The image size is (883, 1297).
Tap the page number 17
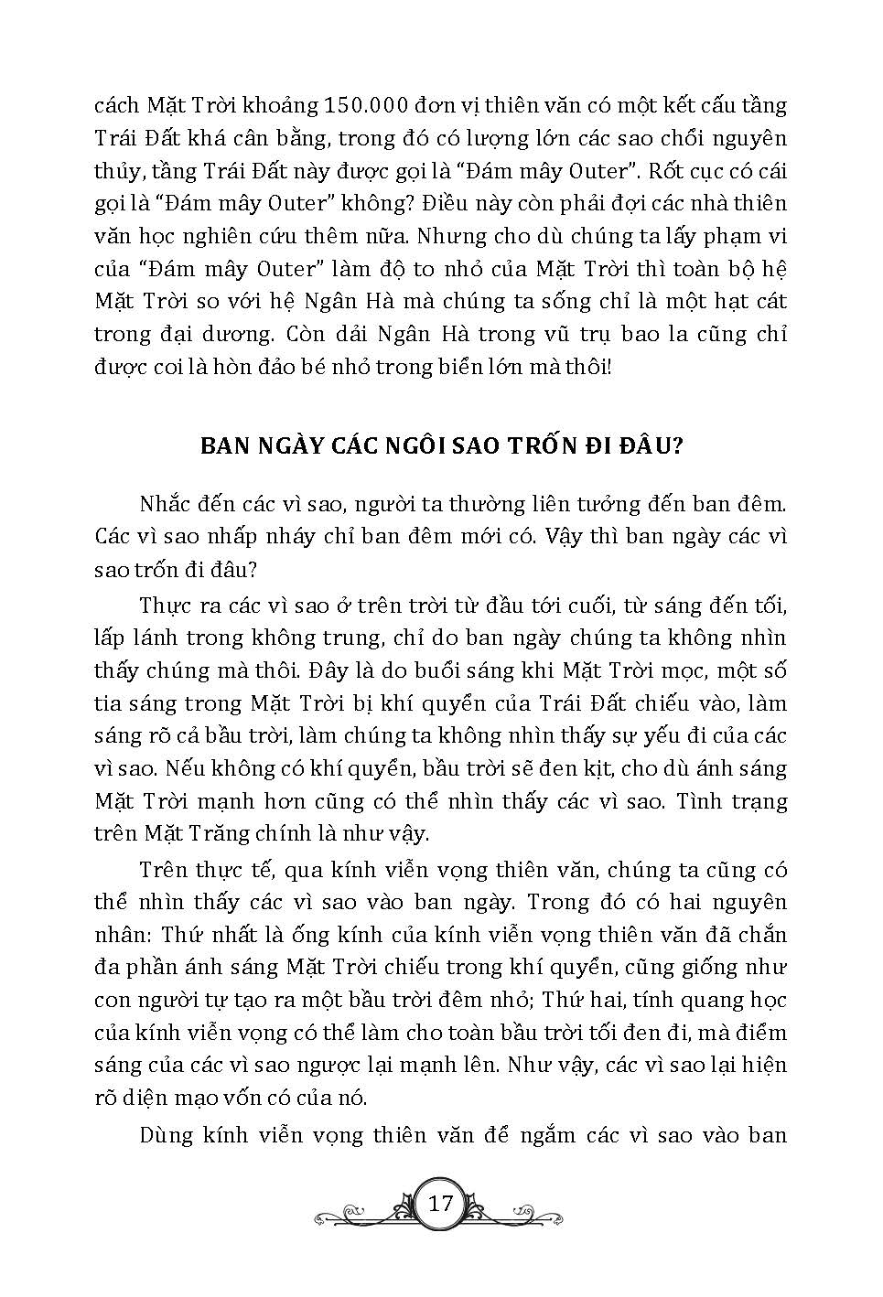pos(440,1202)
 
